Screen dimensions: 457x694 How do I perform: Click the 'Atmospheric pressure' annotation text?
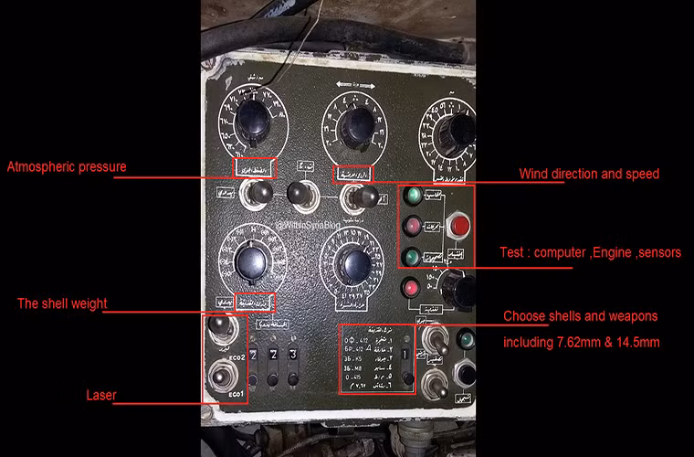click(x=67, y=167)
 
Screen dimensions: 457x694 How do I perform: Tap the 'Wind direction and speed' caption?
click(x=589, y=174)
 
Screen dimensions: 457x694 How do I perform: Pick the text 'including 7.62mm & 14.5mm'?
click(x=581, y=344)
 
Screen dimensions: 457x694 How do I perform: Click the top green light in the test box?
click(x=411, y=195)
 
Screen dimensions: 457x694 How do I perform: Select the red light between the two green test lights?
click(x=411, y=225)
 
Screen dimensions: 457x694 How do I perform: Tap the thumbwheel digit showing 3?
click(x=293, y=354)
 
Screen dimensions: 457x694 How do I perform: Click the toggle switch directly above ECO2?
click(x=218, y=326)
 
